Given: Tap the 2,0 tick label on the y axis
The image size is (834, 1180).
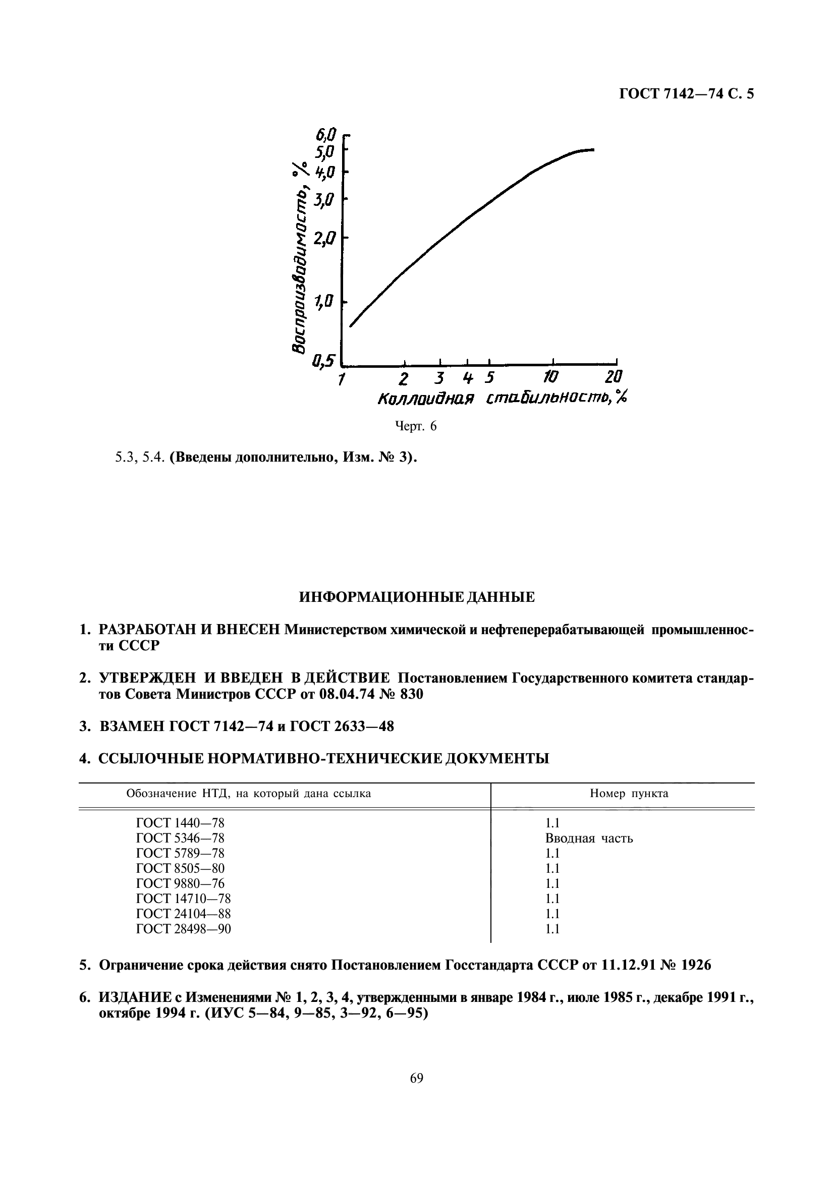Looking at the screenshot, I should tap(325, 239).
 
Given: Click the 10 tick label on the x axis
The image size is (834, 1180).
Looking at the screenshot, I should tap(550, 378).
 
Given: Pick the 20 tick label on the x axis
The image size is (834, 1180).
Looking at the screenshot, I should tap(613, 378).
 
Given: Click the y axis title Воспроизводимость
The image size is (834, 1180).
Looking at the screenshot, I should tap(299, 267).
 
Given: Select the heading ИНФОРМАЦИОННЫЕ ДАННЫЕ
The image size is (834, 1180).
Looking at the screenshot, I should tap(417, 597).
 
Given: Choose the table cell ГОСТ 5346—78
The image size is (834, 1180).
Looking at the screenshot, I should tap(180, 838).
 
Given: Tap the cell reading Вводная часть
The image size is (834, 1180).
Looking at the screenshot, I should tap(589, 838).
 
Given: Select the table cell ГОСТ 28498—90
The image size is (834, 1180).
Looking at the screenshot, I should tap(184, 929).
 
